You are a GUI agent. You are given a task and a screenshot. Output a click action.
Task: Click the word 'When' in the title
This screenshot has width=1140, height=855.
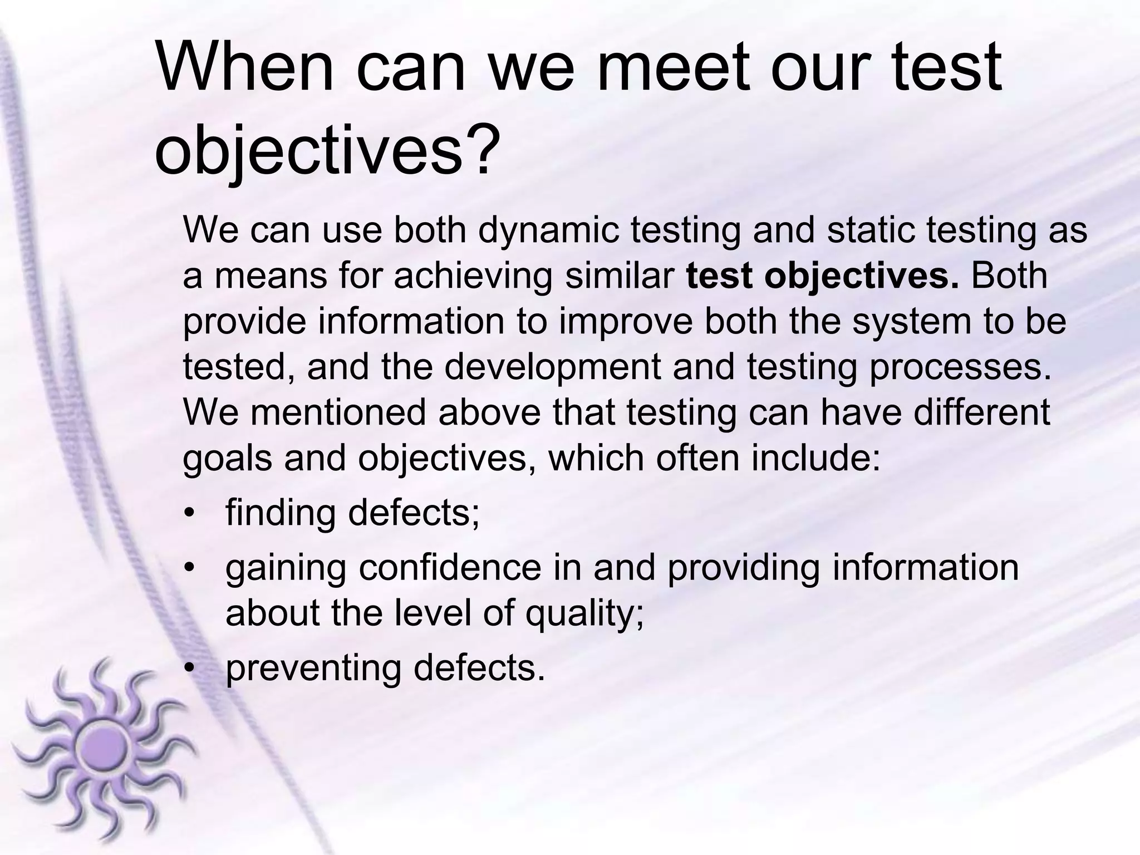click(x=245, y=69)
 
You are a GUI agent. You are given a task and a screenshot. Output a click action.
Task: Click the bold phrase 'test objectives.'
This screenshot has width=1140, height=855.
click(x=823, y=276)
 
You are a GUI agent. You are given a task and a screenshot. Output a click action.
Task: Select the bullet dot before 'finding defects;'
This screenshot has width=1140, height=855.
click(x=190, y=513)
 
